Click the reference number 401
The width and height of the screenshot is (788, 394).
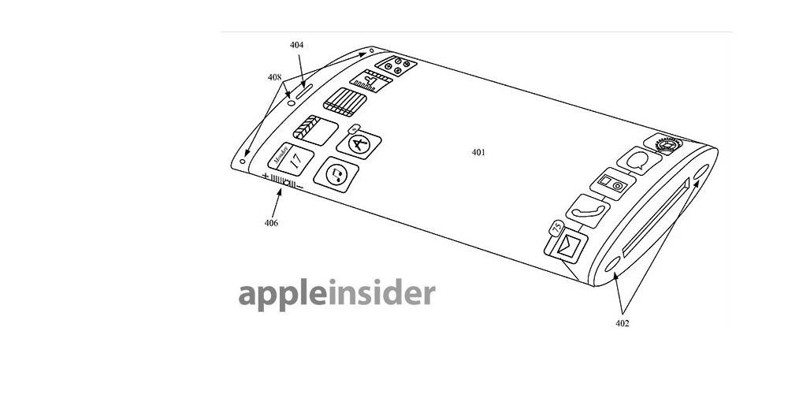point(478,152)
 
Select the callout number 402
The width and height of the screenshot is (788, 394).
point(623,324)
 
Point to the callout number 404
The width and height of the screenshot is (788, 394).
point(296,45)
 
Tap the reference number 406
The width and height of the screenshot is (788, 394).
point(271,223)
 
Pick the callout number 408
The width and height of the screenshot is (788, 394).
point(274,77)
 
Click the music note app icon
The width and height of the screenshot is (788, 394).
point(336,174)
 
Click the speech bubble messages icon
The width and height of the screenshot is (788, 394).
point(639,161)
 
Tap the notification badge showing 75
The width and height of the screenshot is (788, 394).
point(557,228)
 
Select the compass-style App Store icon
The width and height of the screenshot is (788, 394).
point(359,145)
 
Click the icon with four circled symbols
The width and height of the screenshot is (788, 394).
point(396,66)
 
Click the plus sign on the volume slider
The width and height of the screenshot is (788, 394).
point(265,176)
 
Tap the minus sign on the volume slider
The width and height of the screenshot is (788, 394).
point(299,188)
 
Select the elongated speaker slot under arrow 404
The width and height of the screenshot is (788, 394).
point(304,91)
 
